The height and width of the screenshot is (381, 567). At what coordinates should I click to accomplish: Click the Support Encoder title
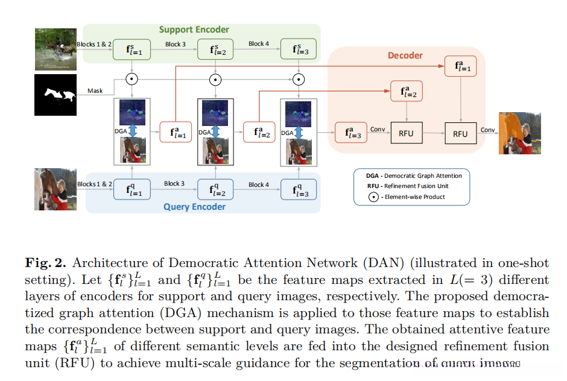tap(194, 30)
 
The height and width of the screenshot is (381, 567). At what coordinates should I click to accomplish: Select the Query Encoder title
tap(194, 207)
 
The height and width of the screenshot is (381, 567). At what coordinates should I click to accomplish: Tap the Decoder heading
tap(405, 55)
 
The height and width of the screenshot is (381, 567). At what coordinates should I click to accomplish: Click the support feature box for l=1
tap(132, 50)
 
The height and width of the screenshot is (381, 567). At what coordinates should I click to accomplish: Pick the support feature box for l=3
tap(298, 50)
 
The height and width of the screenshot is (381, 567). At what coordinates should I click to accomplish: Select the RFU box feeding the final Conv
tap(460, 133)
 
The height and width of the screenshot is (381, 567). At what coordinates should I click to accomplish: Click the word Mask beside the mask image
tap(95, 91)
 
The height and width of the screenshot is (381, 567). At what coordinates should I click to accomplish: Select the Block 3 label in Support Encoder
tap(176, 44)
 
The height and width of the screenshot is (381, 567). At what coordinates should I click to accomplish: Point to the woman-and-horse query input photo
tap(56, 189)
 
